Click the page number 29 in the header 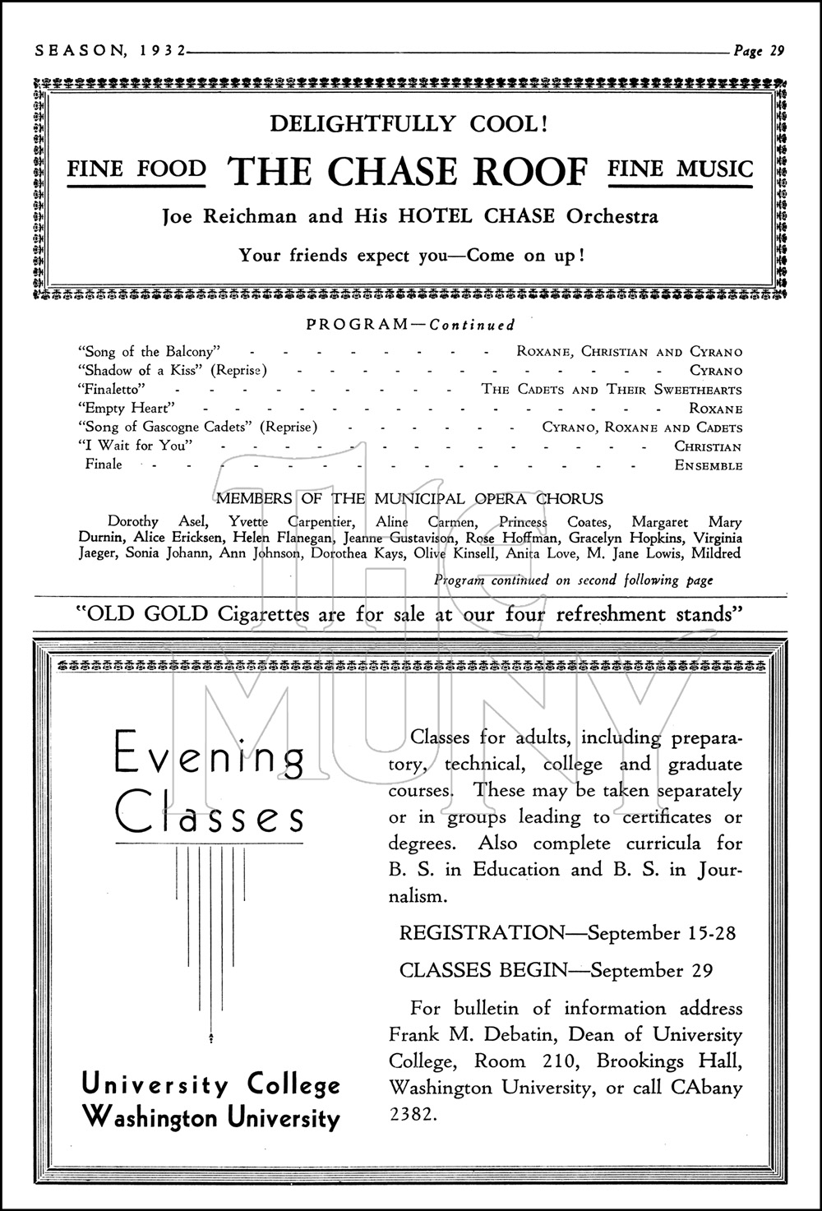click(777, 51)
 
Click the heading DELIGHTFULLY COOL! click(409, 124)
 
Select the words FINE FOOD click(136, 169)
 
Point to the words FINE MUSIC click(680, 169)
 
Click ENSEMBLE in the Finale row click(708, 465)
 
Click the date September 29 click(651, 970)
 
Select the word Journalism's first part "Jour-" click(719, 870)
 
